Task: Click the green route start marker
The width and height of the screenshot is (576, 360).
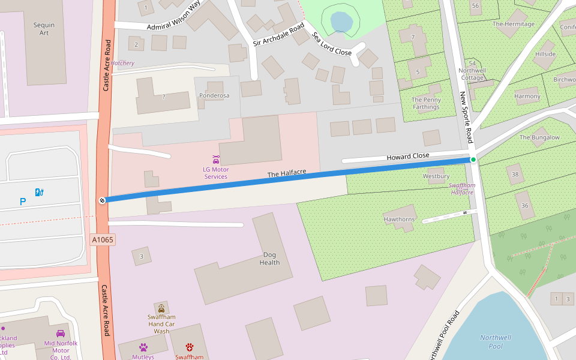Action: click(473, 159)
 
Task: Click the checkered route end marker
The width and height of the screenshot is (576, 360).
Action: click(102, 200)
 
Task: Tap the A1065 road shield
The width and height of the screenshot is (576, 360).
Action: click(103, 240)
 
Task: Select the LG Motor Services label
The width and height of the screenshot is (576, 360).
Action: click(215, 173)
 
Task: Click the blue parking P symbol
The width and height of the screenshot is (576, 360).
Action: click(23, 202)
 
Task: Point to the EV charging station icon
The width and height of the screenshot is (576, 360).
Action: click(40, 192)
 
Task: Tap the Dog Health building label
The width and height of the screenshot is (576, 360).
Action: click(269, 259)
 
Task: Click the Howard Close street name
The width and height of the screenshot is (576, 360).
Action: click(407, 156)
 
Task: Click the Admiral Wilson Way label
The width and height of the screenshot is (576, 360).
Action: click(173, 17)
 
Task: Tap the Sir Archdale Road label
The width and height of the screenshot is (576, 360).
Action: click(278, 35)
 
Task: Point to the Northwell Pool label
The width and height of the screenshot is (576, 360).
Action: click(496, 341)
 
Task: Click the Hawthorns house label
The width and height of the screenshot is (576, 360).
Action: click(399, 219)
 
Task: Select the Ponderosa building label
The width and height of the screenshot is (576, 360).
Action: click(214, 95)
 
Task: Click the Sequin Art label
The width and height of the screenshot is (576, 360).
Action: click(44, 29)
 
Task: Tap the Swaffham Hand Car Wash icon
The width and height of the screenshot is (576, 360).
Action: click(161, 308)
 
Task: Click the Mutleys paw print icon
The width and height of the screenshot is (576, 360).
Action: click(143, 347)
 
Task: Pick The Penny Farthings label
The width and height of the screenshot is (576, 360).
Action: click(426, 103)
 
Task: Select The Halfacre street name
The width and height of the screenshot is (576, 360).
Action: click(286, 173)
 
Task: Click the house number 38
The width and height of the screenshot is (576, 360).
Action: click(515, 174)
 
